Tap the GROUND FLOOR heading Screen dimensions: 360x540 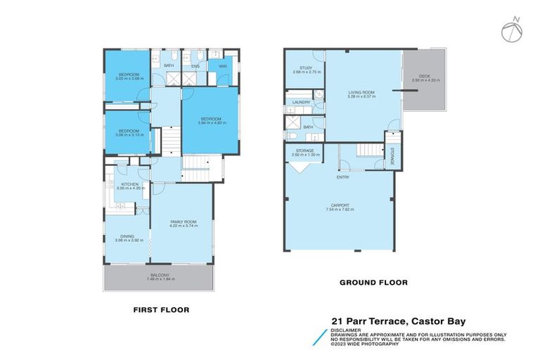coord(373,283)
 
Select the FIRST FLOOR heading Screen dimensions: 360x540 coord(161,309)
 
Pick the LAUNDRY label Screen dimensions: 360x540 coord(300,103)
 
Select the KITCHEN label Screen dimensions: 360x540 coord(129,186)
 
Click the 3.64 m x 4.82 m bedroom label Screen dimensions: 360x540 coord(210,121)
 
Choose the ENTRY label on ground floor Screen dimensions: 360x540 coord(342,177)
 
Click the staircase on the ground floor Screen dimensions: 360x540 coord(365,150)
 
